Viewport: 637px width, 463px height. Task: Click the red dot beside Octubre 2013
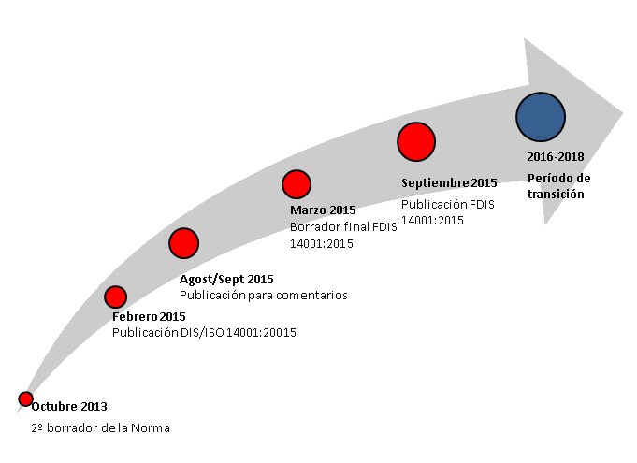25,398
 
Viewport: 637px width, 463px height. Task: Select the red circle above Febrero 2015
115,297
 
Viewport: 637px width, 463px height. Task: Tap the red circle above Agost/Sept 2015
183,243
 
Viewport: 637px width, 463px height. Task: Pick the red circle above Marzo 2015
297,184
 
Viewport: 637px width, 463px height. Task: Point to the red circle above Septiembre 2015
416,142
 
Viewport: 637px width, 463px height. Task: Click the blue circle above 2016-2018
541,117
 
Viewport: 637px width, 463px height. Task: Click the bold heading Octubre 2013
69,407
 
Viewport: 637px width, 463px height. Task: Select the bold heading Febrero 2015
149,316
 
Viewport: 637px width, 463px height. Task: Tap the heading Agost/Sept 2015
226,280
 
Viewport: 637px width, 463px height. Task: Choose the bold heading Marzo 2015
323,210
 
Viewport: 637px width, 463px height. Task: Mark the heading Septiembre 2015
449,183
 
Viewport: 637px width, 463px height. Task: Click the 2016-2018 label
556,157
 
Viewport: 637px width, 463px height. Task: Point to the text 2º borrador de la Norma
100,428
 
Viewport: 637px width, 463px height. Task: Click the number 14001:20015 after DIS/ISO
261,333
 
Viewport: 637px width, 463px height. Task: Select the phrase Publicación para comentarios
263,296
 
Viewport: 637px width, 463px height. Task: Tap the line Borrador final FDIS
343,226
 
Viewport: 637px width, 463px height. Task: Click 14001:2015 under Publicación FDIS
432,220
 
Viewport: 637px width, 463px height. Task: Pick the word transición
556,194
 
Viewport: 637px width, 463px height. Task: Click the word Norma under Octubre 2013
151,428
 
